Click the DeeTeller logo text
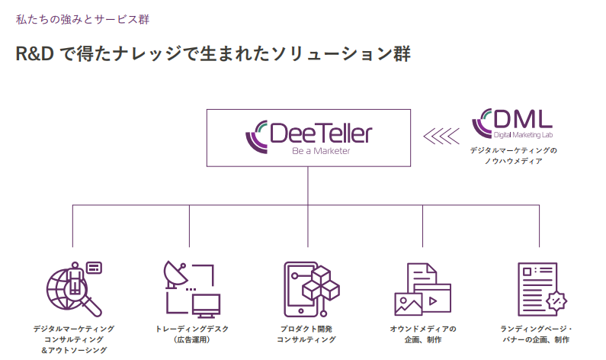(x=321, y=133)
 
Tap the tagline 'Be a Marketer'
(x=320, y=152)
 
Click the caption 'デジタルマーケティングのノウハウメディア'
(x=513, y=156)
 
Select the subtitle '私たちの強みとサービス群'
(x=72, y=18)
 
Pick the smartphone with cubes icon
(x=309, y=290)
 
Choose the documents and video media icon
(x=422, y=290)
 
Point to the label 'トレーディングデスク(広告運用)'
(x=192, y=334)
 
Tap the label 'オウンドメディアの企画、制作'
(x=422, y=334)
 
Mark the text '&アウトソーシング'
(x=74, y=350)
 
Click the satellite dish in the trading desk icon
(x=174, y=272)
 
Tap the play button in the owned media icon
(x=432, y=301)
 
